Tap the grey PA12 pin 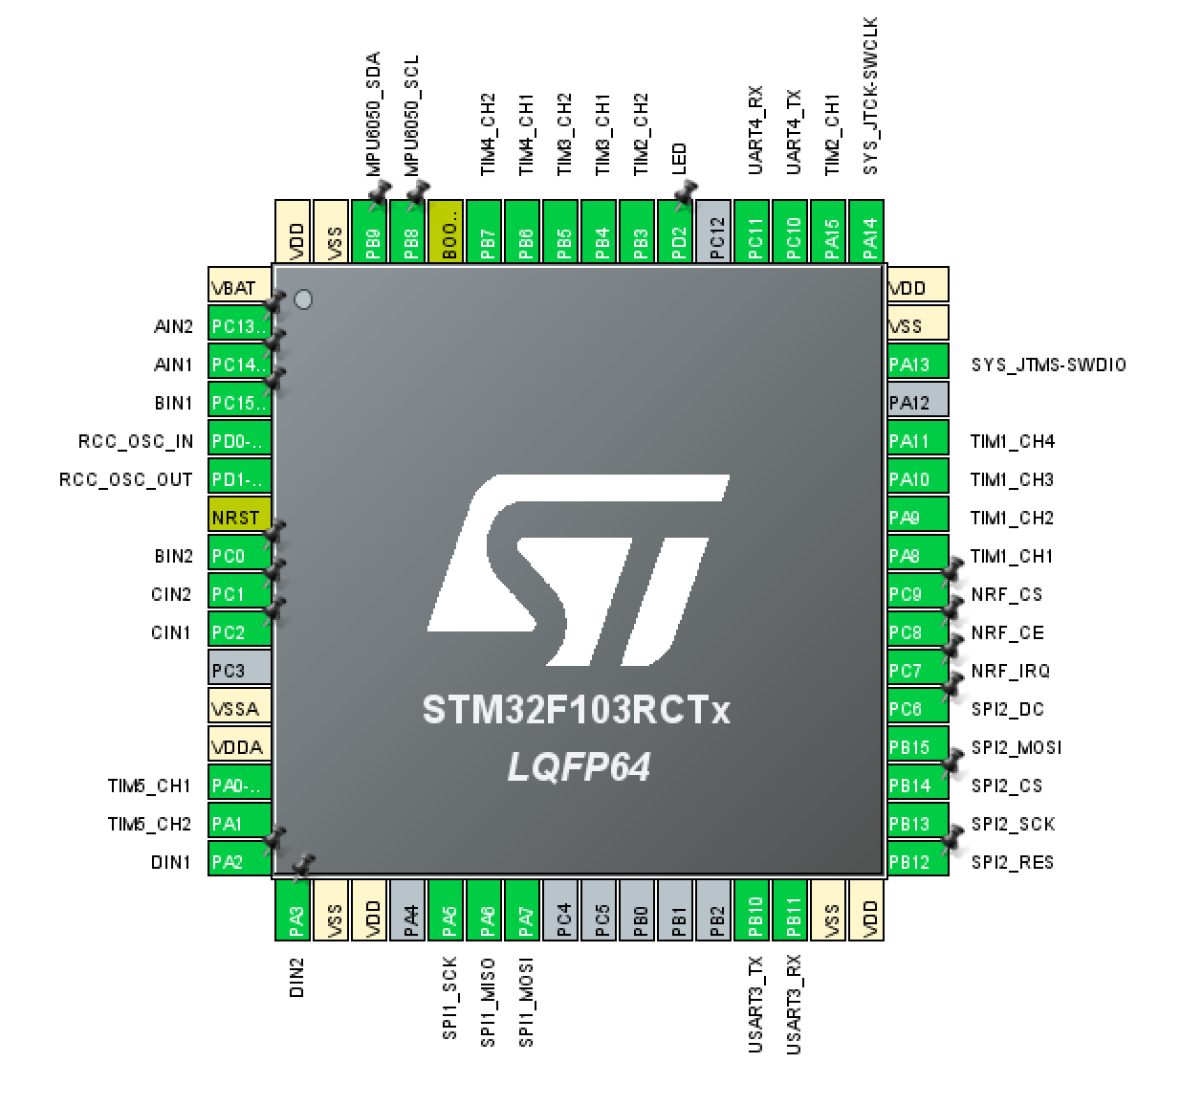click(917, 402)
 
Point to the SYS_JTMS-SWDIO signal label click(1048, 365)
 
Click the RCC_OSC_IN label click(136, 441)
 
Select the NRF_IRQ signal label click(1010, 671)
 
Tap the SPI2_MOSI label click(1016, 747)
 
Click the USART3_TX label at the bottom click(755, 1004)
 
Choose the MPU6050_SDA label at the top click(373, 113)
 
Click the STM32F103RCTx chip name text click(576, 711)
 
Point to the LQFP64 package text click(579, 766)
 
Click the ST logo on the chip click(579, 569)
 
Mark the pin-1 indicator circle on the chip click(303, 299)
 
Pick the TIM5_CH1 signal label click(149, 786)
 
